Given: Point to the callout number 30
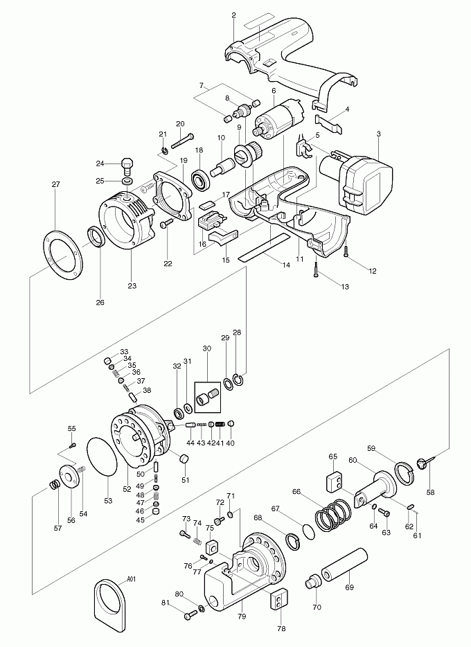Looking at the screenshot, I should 206,349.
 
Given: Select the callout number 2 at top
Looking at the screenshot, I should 233,15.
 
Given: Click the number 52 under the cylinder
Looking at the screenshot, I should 127,489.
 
